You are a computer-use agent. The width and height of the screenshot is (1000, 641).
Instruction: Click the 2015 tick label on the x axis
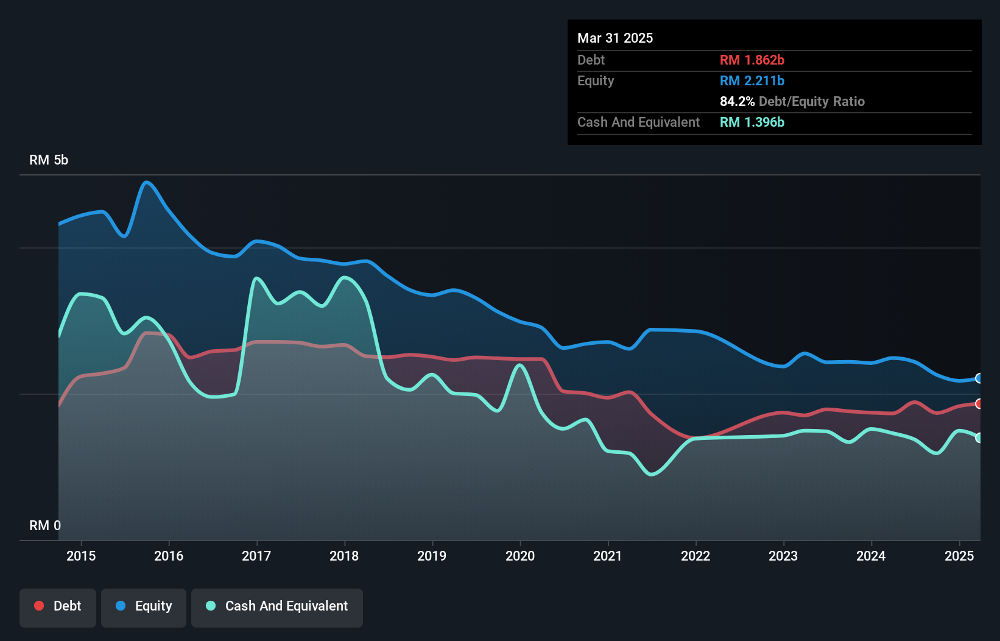81,556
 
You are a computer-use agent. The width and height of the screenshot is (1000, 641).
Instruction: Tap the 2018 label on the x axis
344,556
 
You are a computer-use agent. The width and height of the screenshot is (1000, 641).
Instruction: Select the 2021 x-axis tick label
608,556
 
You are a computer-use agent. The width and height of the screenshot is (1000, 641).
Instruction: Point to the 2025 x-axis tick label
959,556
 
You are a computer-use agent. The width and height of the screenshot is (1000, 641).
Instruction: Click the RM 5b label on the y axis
49,160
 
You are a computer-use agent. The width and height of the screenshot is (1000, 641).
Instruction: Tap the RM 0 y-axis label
45,525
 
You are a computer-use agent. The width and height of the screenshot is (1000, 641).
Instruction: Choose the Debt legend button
58,606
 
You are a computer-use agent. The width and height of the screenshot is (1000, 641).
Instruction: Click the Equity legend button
144,606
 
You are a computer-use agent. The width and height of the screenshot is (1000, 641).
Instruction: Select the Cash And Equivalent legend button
277,606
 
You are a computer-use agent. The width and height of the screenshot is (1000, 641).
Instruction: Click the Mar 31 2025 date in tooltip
615,38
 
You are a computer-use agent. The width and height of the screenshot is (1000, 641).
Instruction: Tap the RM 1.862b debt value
752,60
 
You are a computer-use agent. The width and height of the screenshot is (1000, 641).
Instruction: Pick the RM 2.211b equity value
752,81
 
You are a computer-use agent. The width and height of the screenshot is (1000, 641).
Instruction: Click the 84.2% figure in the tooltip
737,102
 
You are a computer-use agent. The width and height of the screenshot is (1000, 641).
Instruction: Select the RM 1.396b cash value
752,122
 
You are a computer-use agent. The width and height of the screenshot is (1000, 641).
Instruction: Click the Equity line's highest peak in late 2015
146,182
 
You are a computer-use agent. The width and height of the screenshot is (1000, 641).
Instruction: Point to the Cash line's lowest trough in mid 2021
652,474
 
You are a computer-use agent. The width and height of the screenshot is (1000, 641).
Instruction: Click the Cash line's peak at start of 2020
519,365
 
